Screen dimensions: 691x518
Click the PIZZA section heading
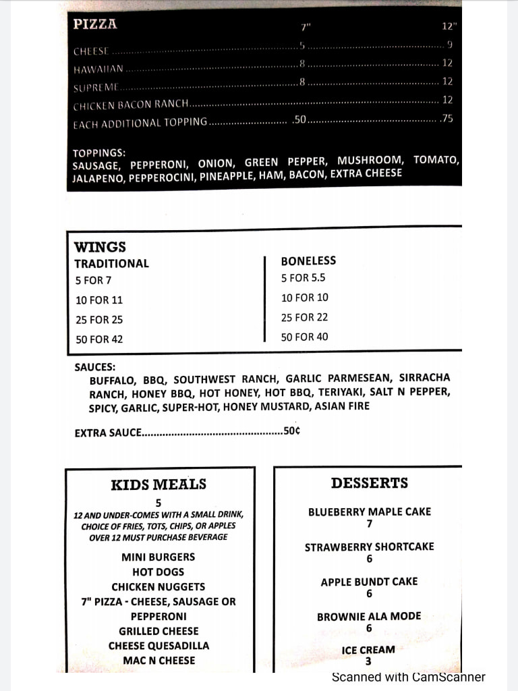click(95, 24)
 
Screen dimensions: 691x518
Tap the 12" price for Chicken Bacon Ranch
click(447, 100)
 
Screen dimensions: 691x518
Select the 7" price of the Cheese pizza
click(303, 45)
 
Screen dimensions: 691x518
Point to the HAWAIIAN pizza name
click(98, 69)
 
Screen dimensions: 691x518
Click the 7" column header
click(306, 27)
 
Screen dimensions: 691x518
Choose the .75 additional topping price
click(447, 119)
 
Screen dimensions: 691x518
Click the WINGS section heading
click(100, 247)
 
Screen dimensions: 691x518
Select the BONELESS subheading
click(308, 260)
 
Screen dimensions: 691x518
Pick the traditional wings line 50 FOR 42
click(99, 339)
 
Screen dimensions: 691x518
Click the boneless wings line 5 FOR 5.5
click(304, 277)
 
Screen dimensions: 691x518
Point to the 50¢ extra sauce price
click(292, 431)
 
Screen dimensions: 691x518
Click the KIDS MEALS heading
click(159, 485)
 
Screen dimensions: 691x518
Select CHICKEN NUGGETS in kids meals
click(159, 587)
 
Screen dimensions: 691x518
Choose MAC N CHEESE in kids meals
click(159, 661)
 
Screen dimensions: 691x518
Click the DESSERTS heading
click(369, 483)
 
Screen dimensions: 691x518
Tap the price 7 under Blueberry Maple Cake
click(369, 524)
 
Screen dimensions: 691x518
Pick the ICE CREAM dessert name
click(368, 650)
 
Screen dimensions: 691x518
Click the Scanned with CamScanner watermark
click(408, 677)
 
